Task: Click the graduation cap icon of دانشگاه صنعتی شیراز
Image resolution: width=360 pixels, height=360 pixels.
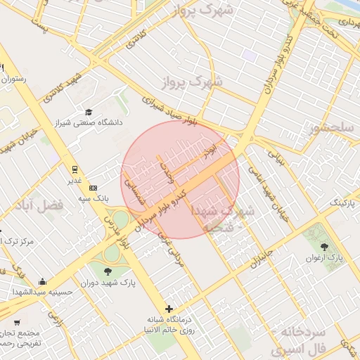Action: click(89, 112)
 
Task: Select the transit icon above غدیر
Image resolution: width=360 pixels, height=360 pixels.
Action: click(75, 169)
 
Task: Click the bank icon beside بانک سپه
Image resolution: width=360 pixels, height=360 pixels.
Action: click(94, 188)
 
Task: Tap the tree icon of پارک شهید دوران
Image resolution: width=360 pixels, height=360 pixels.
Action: click(107, 271)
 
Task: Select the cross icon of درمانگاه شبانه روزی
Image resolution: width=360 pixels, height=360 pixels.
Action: click(169, 309)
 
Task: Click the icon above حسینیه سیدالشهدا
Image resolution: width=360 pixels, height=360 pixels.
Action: click(44, 281)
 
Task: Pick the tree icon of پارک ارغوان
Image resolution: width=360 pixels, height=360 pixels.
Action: click(324, 247)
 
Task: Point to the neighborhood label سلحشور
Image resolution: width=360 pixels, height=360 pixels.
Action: click(330, 128)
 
